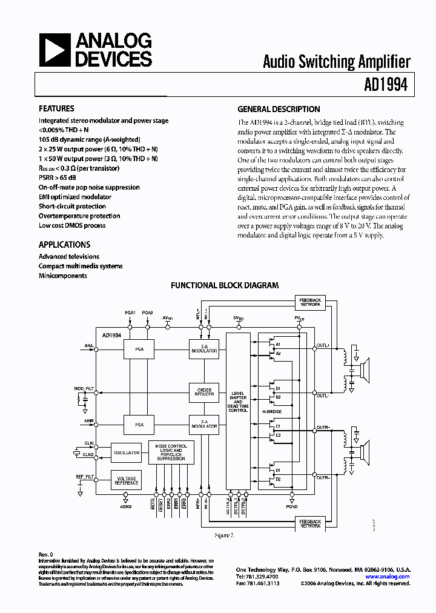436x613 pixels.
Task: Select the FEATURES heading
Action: click(56, 109)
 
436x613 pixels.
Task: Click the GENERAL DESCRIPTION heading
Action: click(279, 110)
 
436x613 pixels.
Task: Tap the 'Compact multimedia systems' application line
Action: click(81, 266)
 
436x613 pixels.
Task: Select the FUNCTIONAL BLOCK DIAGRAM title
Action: click(225, 285)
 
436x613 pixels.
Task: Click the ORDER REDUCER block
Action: click(204, 391)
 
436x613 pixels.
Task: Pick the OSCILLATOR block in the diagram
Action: click(126, 452)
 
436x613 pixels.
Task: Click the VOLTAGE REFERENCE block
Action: click(126, 480)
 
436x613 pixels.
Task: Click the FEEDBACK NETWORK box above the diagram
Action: click(311, 302)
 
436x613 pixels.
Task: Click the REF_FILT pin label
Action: click(84, 477)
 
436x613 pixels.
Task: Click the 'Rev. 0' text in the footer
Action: click(47, 555)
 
